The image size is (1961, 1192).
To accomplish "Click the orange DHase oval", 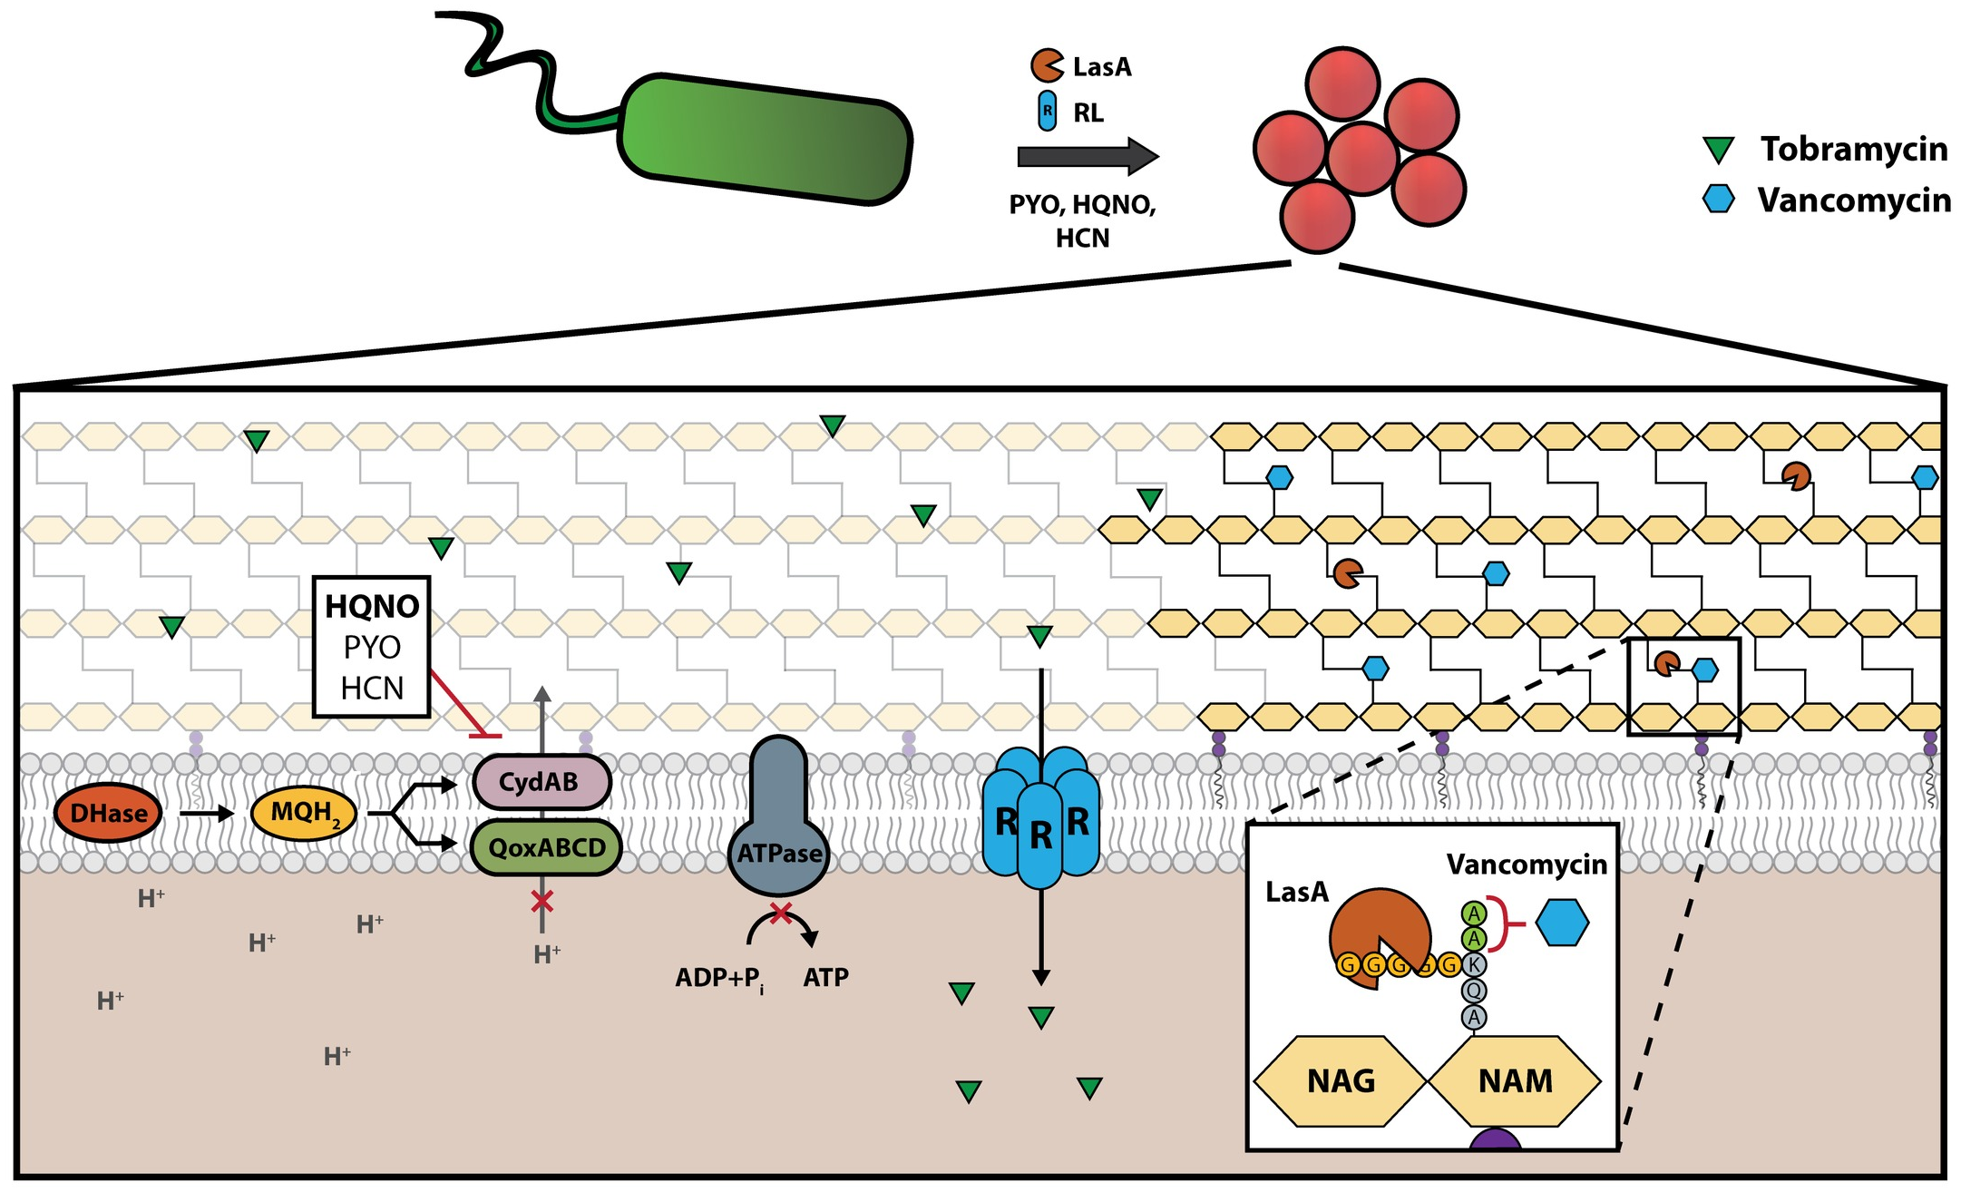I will coord(108,813).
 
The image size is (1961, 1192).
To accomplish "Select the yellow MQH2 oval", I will coord(303,813).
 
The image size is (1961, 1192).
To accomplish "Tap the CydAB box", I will coord(541,782).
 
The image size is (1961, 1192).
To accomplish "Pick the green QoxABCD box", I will coord(546,848).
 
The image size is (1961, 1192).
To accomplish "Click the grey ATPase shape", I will coord(778,835).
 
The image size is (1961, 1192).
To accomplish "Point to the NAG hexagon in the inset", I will coord(1340,1081).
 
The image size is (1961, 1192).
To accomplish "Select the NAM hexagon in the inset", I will coord(1514,1081).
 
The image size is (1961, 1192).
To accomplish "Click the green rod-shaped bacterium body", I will coord(765,139).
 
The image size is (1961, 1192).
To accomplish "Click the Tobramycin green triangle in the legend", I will coord(1718,150).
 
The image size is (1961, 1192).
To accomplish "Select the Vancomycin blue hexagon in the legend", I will coord(1718,200).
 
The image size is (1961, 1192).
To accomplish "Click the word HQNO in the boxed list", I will coord(372,606).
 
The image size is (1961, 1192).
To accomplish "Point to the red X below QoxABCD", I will coord(541,902).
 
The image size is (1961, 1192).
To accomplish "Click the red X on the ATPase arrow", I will coord(780,913).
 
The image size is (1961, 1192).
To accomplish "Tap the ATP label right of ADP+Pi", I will coord(825,978).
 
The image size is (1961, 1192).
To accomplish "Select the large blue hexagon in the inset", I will coord(1562,923).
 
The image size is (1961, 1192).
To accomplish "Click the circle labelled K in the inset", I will coord(1474,964).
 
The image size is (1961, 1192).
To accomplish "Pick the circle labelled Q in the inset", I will coord(1474,991).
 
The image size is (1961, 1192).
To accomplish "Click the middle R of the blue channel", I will coord(1040,835).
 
